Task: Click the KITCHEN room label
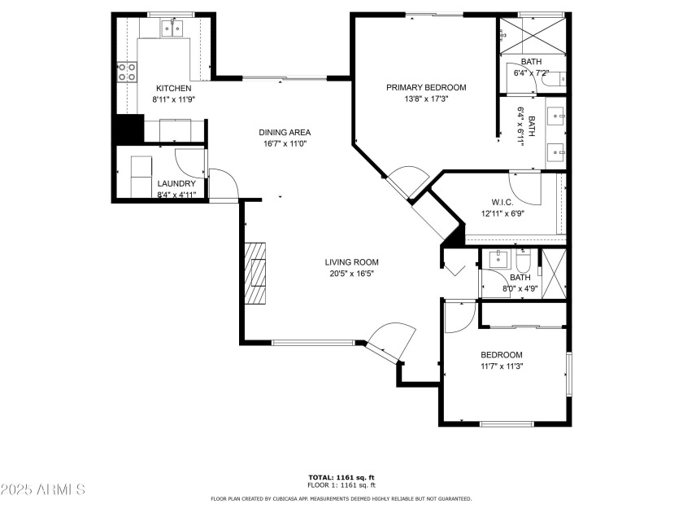coord(174,88)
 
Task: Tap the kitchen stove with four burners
coord(128,72)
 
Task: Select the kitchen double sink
coord(172,29)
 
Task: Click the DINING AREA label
coord(285,133)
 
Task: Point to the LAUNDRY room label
coord(176,184)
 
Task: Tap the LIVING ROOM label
coord(352,262)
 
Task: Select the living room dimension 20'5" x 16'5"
coord(352,274)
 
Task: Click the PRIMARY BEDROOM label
coord(426,88)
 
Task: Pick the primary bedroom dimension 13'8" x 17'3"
coord(426,99)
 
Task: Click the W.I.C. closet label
coord(501,203)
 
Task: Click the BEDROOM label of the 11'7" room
coord(501,355)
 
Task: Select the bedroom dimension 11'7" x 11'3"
coord(501,366)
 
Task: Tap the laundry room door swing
coord(189,161)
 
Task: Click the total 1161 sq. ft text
coord(341,477)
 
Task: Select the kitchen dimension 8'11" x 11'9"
coord(174,99)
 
